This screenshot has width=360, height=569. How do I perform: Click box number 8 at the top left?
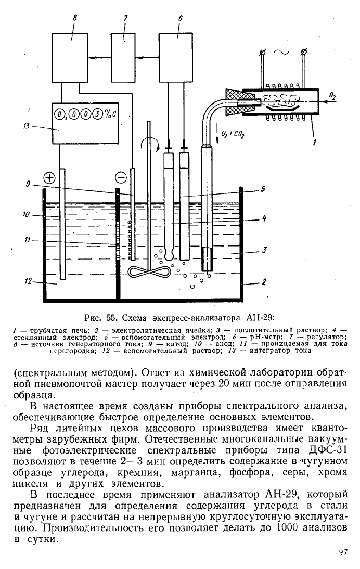pyautogui.click(x=71, y=57)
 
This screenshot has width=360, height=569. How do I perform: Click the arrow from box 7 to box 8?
pyautogui.click(x=100, y=57)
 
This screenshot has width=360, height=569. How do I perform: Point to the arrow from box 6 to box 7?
pyautogui.click(x=147, y=57)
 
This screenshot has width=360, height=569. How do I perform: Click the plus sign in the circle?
pyautogui.click(x=49, y=178)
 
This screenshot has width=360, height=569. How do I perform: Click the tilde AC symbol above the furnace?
pyautogui.click(x=281, y=52)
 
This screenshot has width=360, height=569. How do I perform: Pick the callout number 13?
pyautogui.click(x=26, y=126)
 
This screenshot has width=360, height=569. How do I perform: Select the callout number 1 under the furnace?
pyautogui.click(x=315, y=141)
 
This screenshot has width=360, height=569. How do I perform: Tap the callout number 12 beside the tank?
pyautogui.click(x=28, y=281)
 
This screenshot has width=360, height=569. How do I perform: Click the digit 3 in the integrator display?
pyautogui.click(x=98, y=115)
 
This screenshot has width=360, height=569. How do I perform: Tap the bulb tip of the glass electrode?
pyautogui.click(x=168, y=255)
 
